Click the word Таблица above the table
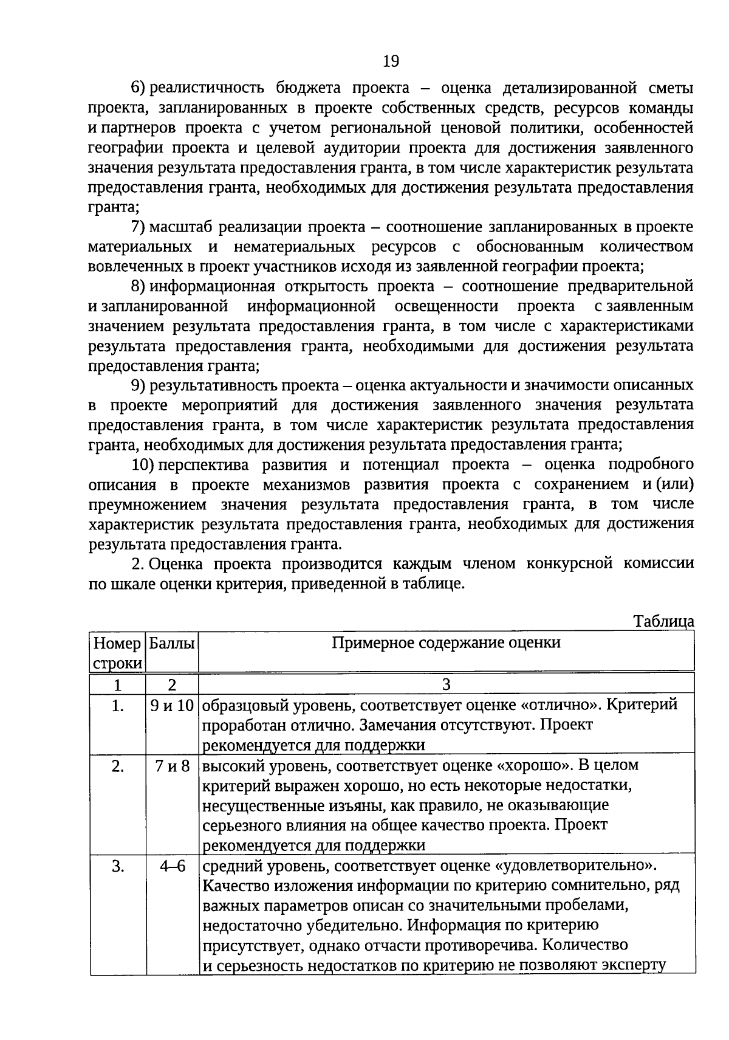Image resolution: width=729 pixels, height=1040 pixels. point(663,621)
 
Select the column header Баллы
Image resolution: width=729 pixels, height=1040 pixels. point(173,643)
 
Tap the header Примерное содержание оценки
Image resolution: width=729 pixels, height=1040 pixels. point(446,643)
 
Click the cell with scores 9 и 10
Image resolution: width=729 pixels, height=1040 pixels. point(173,706)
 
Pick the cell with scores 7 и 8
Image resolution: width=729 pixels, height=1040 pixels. point(173,766)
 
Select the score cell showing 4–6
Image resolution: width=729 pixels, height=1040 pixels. point(173,866)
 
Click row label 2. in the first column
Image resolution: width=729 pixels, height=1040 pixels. point(118,766)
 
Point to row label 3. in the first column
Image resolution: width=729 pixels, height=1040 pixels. point(118,866)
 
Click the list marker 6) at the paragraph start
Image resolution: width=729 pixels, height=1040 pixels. point(139,88)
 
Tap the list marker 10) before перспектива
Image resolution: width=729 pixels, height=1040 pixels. point(143,465)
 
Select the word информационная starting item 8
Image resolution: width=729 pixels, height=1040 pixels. point(212,286)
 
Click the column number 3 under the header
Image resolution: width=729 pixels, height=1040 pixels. point(446,685)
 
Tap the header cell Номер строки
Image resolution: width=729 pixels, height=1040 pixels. point(118,653)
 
